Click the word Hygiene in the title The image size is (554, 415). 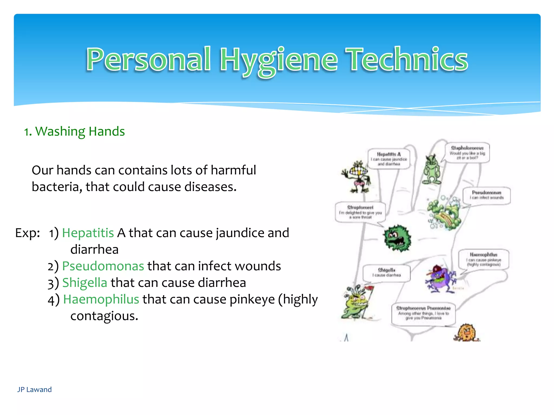click(x=279, y=60)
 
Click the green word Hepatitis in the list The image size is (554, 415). click(x=88, y=233)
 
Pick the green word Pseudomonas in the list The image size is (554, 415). click(x=103, y=266)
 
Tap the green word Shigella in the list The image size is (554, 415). click(x=85, y=283)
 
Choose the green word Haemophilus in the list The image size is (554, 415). click(x=101, y=299)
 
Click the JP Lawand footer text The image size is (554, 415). click(x=34, y=390)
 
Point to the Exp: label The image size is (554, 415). click(x=27, y=233)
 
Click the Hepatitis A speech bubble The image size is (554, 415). click(x=389, y=159)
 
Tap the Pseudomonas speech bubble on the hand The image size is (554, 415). click(x=486, y=195)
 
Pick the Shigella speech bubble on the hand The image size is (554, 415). click(x=386, y=273)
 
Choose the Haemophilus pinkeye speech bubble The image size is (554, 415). click(x=483, y=259)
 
